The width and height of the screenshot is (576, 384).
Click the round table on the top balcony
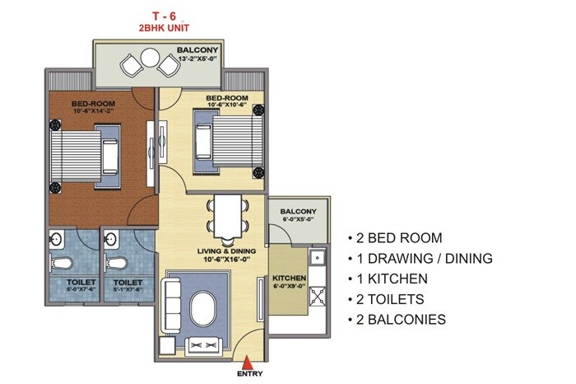coord(149,58)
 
